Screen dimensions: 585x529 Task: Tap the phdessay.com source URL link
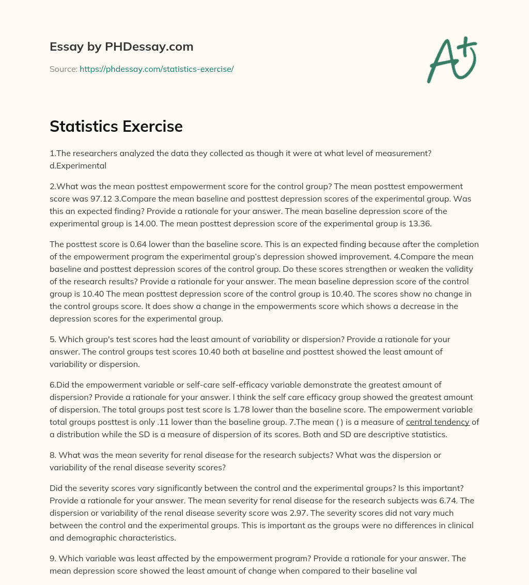tap(157, 69)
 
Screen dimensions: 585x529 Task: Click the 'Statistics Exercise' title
tap(116, 127)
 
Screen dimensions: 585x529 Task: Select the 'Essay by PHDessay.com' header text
tap(121, 47)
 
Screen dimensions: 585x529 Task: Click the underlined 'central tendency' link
tap(438, 422)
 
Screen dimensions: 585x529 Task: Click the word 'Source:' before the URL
tap(64, 69)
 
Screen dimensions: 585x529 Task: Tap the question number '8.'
tap(53, 455)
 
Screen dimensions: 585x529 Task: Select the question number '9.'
tap(53, 559)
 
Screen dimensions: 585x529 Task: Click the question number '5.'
tap(53, 340)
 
